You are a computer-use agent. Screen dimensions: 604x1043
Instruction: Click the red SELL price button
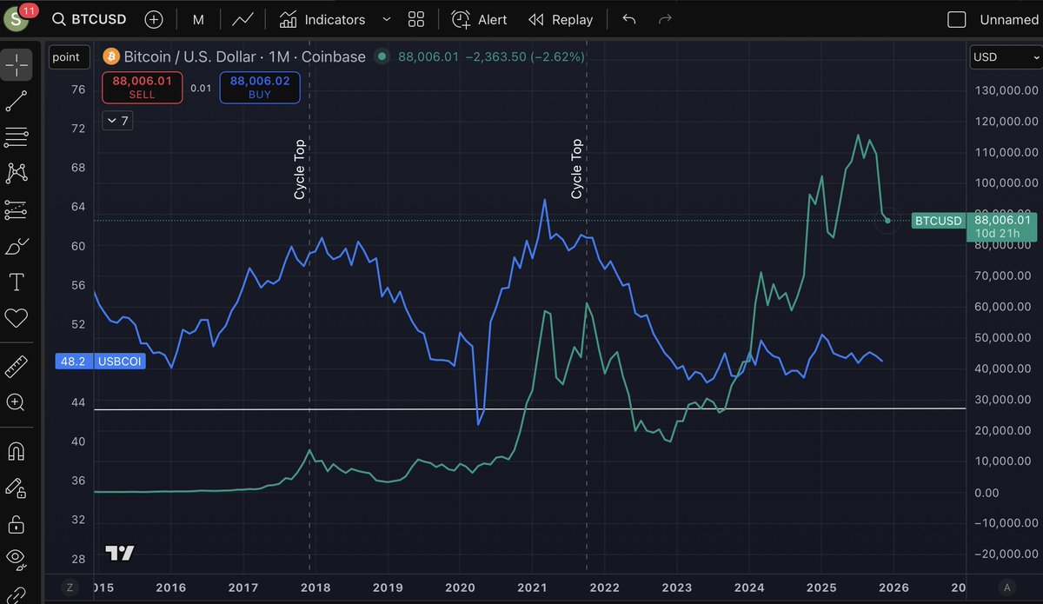tap(142, 87)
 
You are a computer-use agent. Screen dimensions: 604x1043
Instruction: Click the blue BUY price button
tap(259, 87)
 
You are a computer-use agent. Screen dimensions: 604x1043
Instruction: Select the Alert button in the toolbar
tap(479, 19)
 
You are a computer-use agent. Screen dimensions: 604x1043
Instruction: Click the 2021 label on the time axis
tap(532, 587)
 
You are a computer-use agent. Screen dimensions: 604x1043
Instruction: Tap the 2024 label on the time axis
tap(749, 587)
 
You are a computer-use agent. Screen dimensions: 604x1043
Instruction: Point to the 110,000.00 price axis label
tap(1006, 152)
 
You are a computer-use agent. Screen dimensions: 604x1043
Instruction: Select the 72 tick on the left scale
tap(78, 129)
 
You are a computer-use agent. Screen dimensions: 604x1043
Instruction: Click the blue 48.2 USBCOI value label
tap(99, 361)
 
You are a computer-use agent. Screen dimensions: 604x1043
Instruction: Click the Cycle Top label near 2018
tap(300, 169)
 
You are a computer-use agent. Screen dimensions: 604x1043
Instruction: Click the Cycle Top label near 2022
tap(576, 169)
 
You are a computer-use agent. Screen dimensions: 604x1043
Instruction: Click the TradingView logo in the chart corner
tap(119, 553)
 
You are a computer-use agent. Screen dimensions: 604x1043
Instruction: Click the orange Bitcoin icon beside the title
tap(111, 56)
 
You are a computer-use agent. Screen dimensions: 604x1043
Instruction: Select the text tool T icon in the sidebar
tap(17, 282)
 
